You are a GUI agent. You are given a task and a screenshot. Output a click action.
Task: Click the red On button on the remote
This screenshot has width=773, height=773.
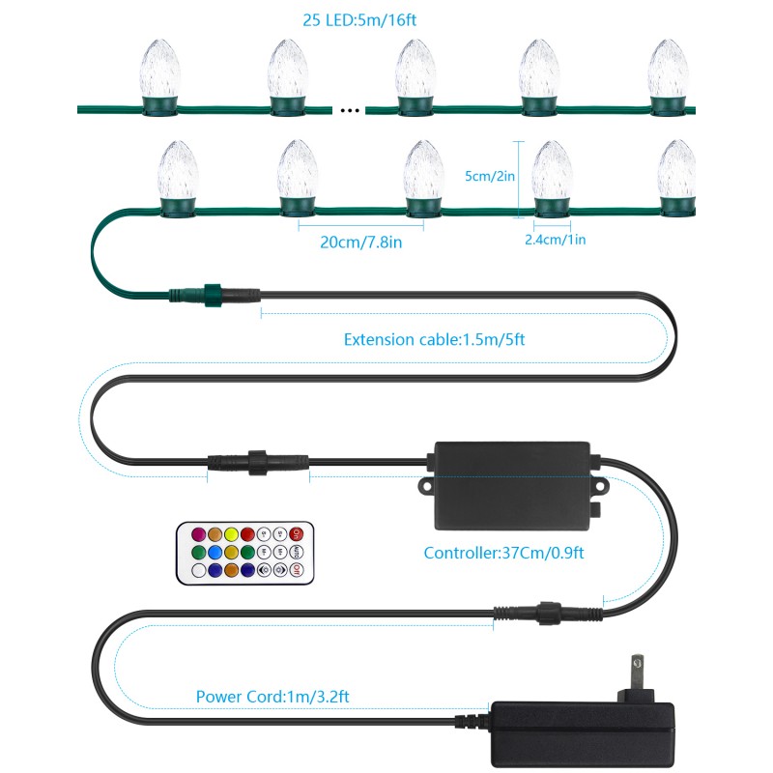coord(296,534)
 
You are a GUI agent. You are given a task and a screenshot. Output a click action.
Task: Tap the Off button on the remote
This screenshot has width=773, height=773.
coord(296,570)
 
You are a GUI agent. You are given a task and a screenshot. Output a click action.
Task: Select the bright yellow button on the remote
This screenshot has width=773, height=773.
coord(231,534)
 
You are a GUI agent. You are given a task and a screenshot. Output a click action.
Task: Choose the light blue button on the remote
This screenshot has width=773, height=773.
coord(215,552)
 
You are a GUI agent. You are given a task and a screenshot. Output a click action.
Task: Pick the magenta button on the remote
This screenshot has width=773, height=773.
coord(199,534)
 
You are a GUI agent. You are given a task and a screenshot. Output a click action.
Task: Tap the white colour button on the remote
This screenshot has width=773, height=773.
coord(199,570)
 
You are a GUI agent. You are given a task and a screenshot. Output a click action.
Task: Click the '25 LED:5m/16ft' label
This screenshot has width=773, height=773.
coord(359,20)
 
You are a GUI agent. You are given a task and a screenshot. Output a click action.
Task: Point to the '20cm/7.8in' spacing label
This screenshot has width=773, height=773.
coord(360,243)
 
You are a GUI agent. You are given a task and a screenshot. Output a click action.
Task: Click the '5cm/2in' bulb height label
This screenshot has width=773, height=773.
coord(490,176)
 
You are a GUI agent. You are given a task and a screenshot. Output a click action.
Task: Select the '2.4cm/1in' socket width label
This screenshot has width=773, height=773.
coord(555,240)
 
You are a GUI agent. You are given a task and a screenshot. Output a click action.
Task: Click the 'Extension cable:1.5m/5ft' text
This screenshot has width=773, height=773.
coord(434,340)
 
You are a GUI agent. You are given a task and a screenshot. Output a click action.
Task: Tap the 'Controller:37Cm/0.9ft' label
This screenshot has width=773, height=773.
coord(503,553)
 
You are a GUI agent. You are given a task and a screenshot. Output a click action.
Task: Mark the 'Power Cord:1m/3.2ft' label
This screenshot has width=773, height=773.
coord(272,697)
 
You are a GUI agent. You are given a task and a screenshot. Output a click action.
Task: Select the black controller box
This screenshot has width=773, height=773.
coord(513,486)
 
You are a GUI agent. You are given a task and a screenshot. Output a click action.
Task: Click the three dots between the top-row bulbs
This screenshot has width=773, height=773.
coord(350,110)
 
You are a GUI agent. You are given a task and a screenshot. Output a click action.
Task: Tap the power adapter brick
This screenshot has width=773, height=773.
coord(583,734)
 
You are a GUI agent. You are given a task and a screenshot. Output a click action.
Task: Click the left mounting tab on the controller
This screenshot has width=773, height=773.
coord(425,487)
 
